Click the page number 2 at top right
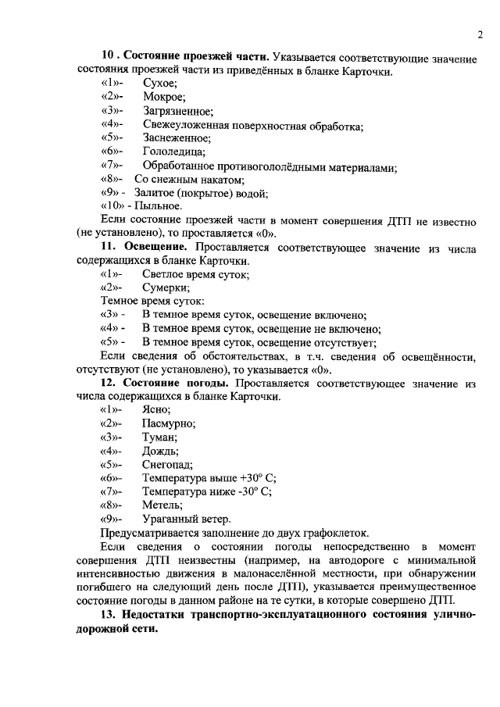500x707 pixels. [x=480, y=34]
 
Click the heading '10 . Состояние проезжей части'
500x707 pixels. [x=187, y=57]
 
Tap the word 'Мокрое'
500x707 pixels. [x=164, y=98]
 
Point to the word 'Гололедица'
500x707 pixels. [x=173, y=152]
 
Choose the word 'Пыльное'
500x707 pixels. [x=159, y=206]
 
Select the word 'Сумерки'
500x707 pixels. [x=166, y=287]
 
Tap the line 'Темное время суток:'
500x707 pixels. [x=153, y=302]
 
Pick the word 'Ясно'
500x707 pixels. [x=156, y=410]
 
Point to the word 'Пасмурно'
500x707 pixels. [x=169, y=424]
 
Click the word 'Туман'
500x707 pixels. [x=160, y=437]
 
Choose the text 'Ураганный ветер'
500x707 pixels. [x=187, y=519]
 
